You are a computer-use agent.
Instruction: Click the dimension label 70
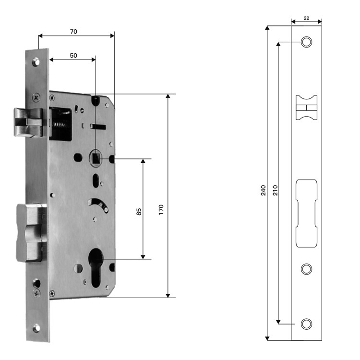point(73,32)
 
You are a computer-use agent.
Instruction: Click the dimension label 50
point(73,56)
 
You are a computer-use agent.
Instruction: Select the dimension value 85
point(139,212)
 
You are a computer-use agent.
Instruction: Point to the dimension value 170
point(161,210)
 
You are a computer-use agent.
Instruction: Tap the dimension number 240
point(263,191)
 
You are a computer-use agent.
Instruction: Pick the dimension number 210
point(275,191)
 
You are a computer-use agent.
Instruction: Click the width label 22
point(306,18)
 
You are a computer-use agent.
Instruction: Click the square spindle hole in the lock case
point(96,158)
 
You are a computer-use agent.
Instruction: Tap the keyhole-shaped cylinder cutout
point(96,267)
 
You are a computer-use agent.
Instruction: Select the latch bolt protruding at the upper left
point(29,122)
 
